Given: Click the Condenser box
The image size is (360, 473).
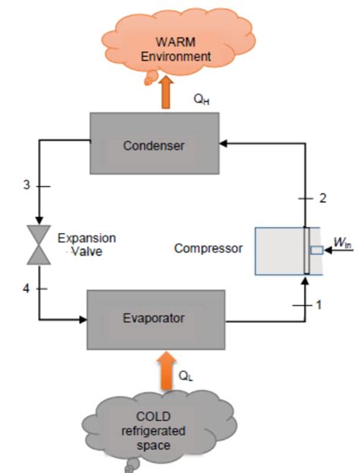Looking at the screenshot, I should click(154, 145).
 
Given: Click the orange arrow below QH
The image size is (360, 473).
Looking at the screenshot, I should click(166, 97).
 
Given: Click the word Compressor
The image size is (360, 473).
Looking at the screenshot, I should click(207, 248).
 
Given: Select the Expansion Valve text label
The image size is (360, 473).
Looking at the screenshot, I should click(88, 244).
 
